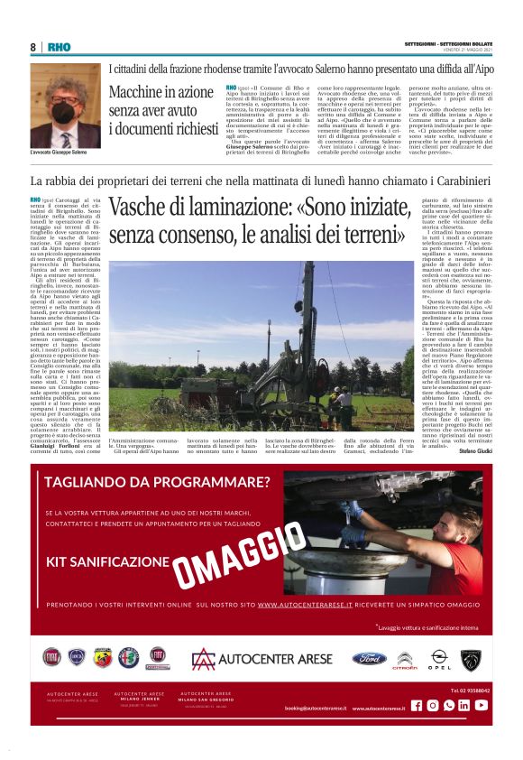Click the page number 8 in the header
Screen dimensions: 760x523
coord(32,47)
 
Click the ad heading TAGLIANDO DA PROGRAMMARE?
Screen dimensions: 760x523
coord(157,481)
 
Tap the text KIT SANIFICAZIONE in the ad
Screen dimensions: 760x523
coord(108,561)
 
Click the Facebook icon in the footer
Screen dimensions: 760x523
coord(417,705)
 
